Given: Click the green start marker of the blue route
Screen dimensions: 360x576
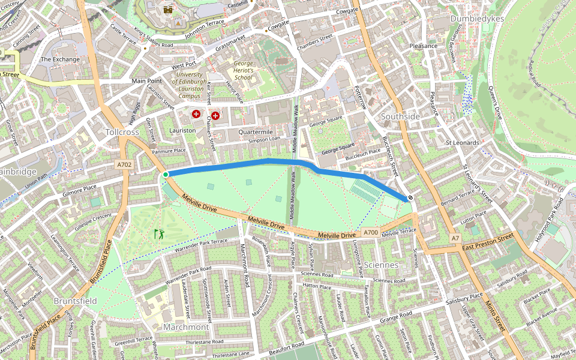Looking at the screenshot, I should coord(166,175).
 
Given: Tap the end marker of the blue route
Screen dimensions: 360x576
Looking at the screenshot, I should coord(410,198).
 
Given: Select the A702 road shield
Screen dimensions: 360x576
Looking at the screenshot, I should coord(124,164).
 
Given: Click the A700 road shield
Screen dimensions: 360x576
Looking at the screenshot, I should coord(371,232).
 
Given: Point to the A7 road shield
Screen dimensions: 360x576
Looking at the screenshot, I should coord(455,238).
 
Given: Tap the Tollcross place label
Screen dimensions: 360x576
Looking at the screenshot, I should coord(122,131).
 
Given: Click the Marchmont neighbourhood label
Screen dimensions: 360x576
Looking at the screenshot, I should coord(186,327).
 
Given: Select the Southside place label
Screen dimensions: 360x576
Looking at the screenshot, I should coord(401,116).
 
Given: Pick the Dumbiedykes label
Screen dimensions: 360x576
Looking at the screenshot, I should coord(477,19).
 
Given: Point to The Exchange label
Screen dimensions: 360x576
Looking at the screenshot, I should coord(60,59).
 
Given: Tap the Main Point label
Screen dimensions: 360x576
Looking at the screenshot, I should coord(147,80).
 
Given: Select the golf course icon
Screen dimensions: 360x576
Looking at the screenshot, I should coord(159,233).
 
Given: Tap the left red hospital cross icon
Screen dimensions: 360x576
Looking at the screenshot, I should coord(196,114).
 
